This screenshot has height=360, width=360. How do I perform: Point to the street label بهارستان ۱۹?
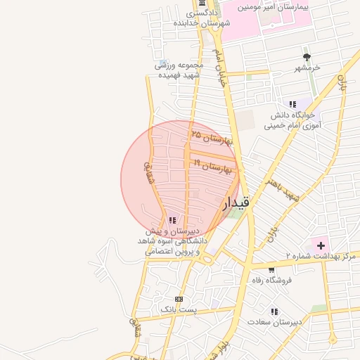click(x=217, y=167)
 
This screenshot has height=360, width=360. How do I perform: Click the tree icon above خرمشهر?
click(x=307, y=57)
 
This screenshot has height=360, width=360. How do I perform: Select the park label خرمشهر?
click(x=307, y=68)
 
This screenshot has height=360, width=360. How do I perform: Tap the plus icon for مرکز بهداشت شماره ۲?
click(x=321, y=245)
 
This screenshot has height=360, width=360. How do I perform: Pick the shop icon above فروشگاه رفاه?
click(x=272, y=269)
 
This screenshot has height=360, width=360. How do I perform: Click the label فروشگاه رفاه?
click(x=272, y=280)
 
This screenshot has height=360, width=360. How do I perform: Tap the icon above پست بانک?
click(x=179, y=298)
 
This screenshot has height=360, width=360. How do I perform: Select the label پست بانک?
click(x=179, y=309)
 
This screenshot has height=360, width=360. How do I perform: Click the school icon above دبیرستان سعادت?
click(x=274, y=311)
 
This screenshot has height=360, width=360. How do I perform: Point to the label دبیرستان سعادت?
click(x=274, y=322)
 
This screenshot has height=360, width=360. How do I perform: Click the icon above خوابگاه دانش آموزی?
click(x=292, y=104)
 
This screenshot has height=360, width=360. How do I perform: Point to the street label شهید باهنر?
click(x=283, y=190)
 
